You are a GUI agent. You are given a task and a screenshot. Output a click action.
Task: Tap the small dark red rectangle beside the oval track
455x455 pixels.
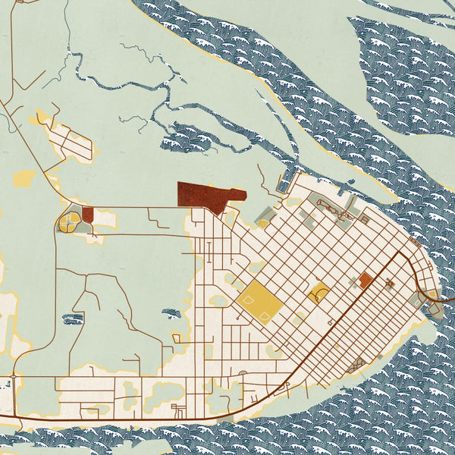click(87, 215)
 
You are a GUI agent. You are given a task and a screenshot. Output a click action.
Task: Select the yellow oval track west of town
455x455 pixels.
click(69, 222)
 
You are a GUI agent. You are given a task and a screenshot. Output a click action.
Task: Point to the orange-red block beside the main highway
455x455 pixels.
click(366, 281)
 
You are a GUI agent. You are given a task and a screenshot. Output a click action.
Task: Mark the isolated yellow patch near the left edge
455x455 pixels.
click(24, 179)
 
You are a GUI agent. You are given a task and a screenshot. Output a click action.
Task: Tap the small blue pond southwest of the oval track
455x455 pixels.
click(73, 318)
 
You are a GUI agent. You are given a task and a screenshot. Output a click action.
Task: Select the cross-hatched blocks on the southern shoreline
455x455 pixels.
click(356, 368)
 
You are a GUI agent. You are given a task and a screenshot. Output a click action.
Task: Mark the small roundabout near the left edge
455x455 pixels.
click(13, 376)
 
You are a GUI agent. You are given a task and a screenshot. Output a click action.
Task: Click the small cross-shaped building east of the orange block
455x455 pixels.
click(390, 284)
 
